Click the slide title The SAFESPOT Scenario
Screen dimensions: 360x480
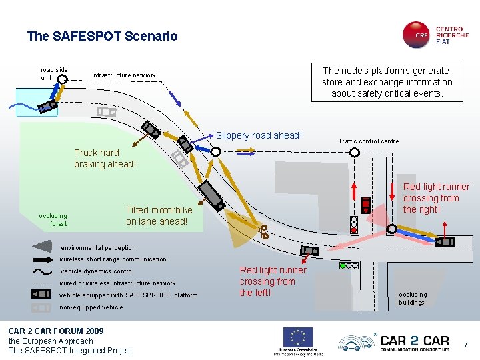pos(102,36)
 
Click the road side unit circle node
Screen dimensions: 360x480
pos(62,79)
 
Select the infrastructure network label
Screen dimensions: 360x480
pos(123,75)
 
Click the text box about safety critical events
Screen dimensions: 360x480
pos(387,82)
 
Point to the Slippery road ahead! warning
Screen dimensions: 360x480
pos(259,136)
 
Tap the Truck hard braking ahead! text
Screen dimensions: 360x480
pos(105,158)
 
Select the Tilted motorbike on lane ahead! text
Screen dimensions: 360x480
pos(159,215)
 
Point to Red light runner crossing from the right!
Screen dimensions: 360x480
pos(436,198)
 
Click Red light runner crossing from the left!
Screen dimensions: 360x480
pos(273,281)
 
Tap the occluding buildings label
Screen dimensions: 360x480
pos(412,298)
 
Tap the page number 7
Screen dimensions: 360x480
pos(467,345)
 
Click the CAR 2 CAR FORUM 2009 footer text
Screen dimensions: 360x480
pos(55,331)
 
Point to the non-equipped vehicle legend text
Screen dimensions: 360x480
pos(91,307)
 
